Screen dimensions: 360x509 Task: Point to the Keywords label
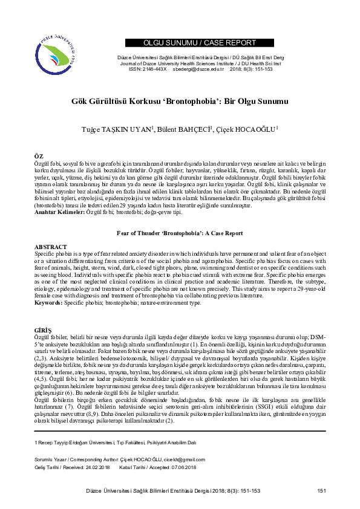point(48,302)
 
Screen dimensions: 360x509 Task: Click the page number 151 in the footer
point(321,490)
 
